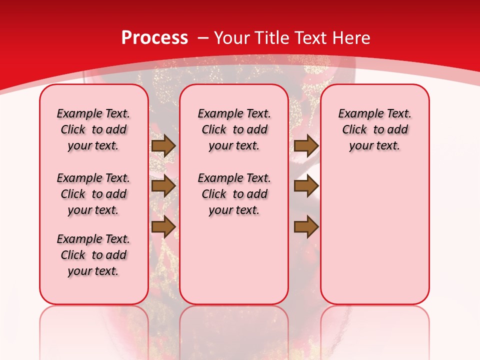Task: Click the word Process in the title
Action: pos(154,38)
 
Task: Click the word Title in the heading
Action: pos(273,38)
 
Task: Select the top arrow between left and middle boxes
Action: pos(163,145)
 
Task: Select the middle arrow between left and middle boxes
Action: pos(163,186)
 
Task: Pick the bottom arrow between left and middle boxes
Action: pos(163,227)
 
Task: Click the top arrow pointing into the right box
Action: pos(306,145)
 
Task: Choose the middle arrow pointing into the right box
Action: pos(306,186)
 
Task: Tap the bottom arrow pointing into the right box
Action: pos(306,227)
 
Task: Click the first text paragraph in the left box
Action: pos(93,129)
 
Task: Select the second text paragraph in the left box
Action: pos(93,194)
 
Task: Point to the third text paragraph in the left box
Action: pos(93,255)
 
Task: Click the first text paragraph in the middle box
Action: pos(234,129)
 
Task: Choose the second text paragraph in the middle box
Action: pos(234,194)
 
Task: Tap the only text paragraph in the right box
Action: pos(374,129)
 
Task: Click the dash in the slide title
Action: pos(203,38)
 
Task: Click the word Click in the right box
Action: pos(354,129)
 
